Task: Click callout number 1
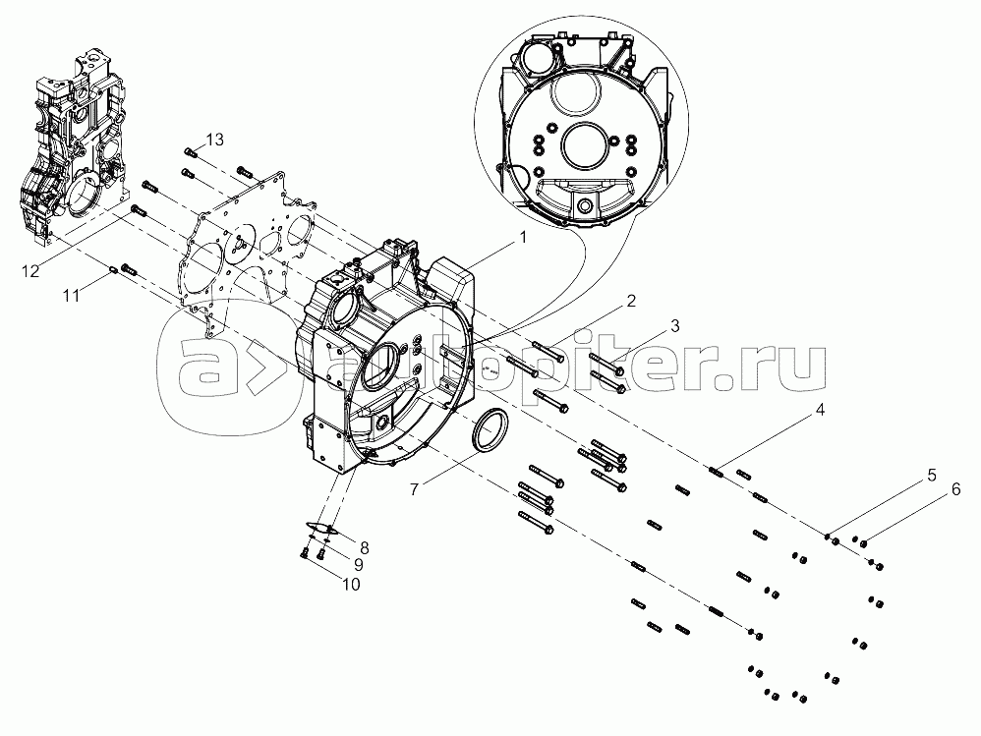click(x=523, y=238)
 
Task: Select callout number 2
click(x=631, y=301)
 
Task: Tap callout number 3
click(x=674, y=326)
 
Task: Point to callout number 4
click(x=820, y=410)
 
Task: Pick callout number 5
click(x=932, y=476)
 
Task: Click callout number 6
click(x=955, y=489)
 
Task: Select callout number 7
click(x=414, y=489)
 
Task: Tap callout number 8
click(x=364, y=548)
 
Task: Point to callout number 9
click(x=359, y=565)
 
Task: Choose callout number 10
click(x=351, y=584)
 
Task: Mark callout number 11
click(x=72, y=295)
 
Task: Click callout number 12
click(x=30, y=271)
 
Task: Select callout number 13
click(x=214, y=140)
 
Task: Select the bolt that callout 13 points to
click(x=191, y=151)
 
